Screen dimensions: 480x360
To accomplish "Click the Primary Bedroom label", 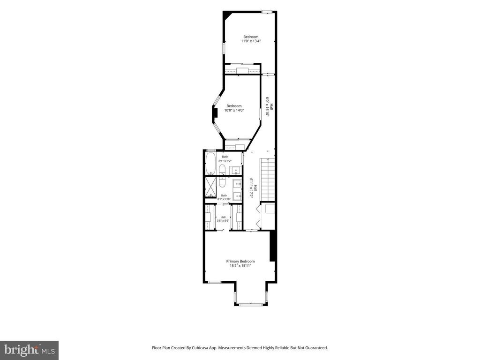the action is [240, 261].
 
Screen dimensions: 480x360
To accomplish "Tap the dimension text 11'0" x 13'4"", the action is [251, 41].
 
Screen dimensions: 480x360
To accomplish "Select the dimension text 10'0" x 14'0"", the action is [234, 110].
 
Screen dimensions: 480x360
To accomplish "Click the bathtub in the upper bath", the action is [210, 164].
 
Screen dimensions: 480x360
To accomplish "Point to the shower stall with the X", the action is [210, 187].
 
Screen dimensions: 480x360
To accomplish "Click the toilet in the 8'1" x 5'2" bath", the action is [222, 170].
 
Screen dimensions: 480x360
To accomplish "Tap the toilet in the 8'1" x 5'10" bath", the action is [222, 181].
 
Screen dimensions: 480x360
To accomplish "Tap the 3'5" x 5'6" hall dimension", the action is [223, 221].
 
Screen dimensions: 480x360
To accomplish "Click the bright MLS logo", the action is [30, 349].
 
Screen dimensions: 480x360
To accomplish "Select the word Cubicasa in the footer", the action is [197, 348].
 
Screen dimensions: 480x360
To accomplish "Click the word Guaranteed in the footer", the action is [318, 348].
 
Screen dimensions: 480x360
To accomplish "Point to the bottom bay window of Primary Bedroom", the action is [251, 305].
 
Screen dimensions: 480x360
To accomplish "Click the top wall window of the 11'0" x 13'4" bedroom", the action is [267, 12].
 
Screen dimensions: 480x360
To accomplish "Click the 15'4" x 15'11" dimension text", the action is [240, 266].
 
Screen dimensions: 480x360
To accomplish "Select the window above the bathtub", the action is [210, 150].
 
